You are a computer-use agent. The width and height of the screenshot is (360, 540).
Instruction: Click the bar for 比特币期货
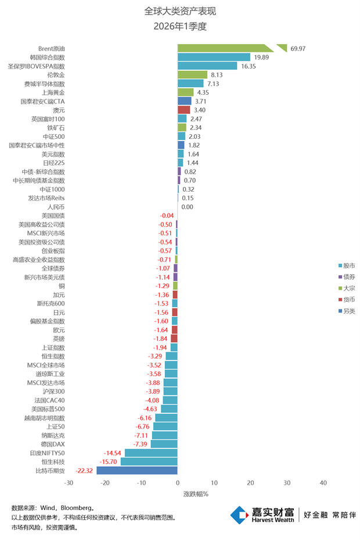tap(137, 470)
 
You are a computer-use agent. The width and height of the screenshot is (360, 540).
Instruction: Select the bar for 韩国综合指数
tap(214, 57)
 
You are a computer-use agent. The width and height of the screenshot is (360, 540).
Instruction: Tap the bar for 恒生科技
tap(149, 462)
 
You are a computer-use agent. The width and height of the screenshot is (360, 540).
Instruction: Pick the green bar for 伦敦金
tap(192, 74)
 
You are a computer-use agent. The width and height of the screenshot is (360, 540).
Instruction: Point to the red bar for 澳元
tap(183, 110)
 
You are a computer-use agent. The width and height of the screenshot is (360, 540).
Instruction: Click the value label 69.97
tap(298, 48)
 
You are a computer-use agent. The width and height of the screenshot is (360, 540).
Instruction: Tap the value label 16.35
tap(249, 66)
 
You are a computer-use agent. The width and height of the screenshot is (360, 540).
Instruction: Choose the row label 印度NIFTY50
tap(48, 453)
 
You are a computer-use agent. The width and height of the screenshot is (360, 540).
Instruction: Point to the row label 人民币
tap(56, 207)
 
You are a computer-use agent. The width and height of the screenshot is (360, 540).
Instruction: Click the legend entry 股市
tap(349, 265)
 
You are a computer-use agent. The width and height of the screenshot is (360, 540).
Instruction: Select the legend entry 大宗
tap(349, 288)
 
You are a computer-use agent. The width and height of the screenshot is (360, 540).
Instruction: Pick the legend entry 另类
tap(349, 311)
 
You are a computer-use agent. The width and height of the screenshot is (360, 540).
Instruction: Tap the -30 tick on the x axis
tap(69, 483)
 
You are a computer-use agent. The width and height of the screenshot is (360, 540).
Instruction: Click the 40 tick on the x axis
tap(323, 483)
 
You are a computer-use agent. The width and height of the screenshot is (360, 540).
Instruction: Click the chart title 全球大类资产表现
tap(180, 11)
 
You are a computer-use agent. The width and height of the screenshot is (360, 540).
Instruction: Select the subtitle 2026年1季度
tap(180, 26)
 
